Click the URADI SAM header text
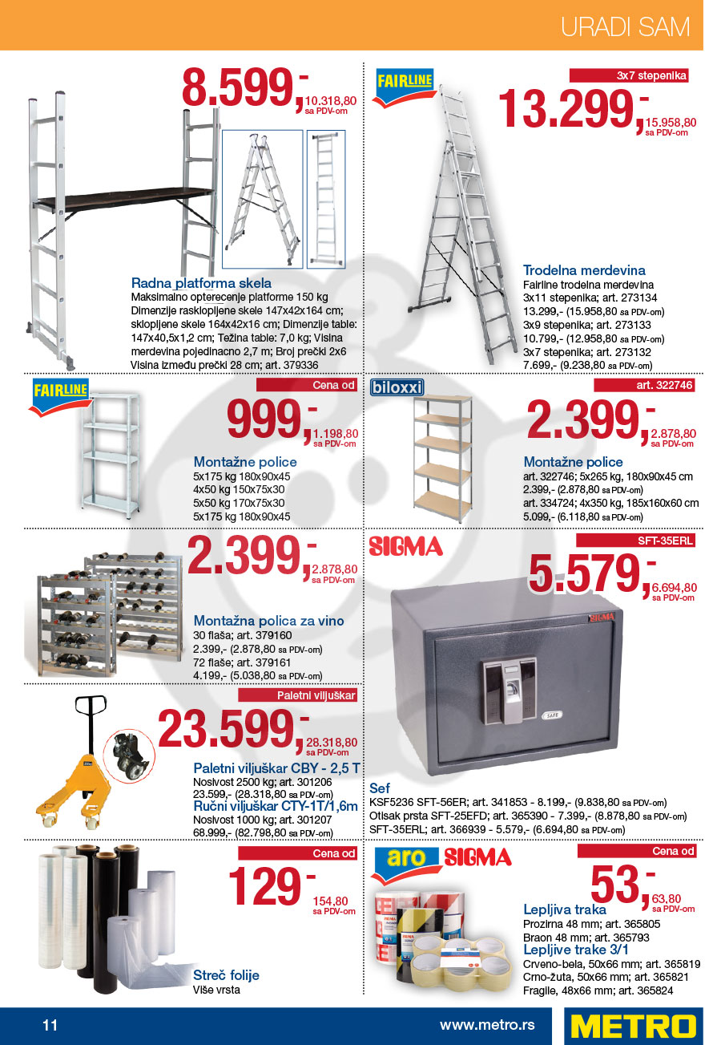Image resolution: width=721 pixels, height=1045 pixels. click(x=625, y=26)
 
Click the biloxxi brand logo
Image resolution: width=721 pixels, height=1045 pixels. click(x=397, y=388)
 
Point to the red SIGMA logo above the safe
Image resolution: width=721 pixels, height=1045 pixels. click(x=406, y=547)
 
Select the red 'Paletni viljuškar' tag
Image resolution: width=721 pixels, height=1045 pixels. click(x=316, y=695)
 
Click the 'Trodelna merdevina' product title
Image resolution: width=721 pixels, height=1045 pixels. click(x=584, y=270)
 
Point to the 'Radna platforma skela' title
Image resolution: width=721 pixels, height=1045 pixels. click(x=201, y=283)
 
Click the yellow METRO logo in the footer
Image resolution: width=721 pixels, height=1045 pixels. click(x=633, y=1026)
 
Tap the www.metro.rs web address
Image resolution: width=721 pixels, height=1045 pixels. click(x=486, y=1025)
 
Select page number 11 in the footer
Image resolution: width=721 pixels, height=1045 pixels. click(x=50, y=1025)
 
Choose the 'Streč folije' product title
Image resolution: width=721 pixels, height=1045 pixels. click(x=226, y=975)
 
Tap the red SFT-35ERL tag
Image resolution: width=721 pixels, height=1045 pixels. click(x=665, y=541)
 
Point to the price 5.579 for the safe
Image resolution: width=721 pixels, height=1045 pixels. click(x=586, y=573)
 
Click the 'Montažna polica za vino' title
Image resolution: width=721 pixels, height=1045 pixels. click(x=268, y=621)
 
